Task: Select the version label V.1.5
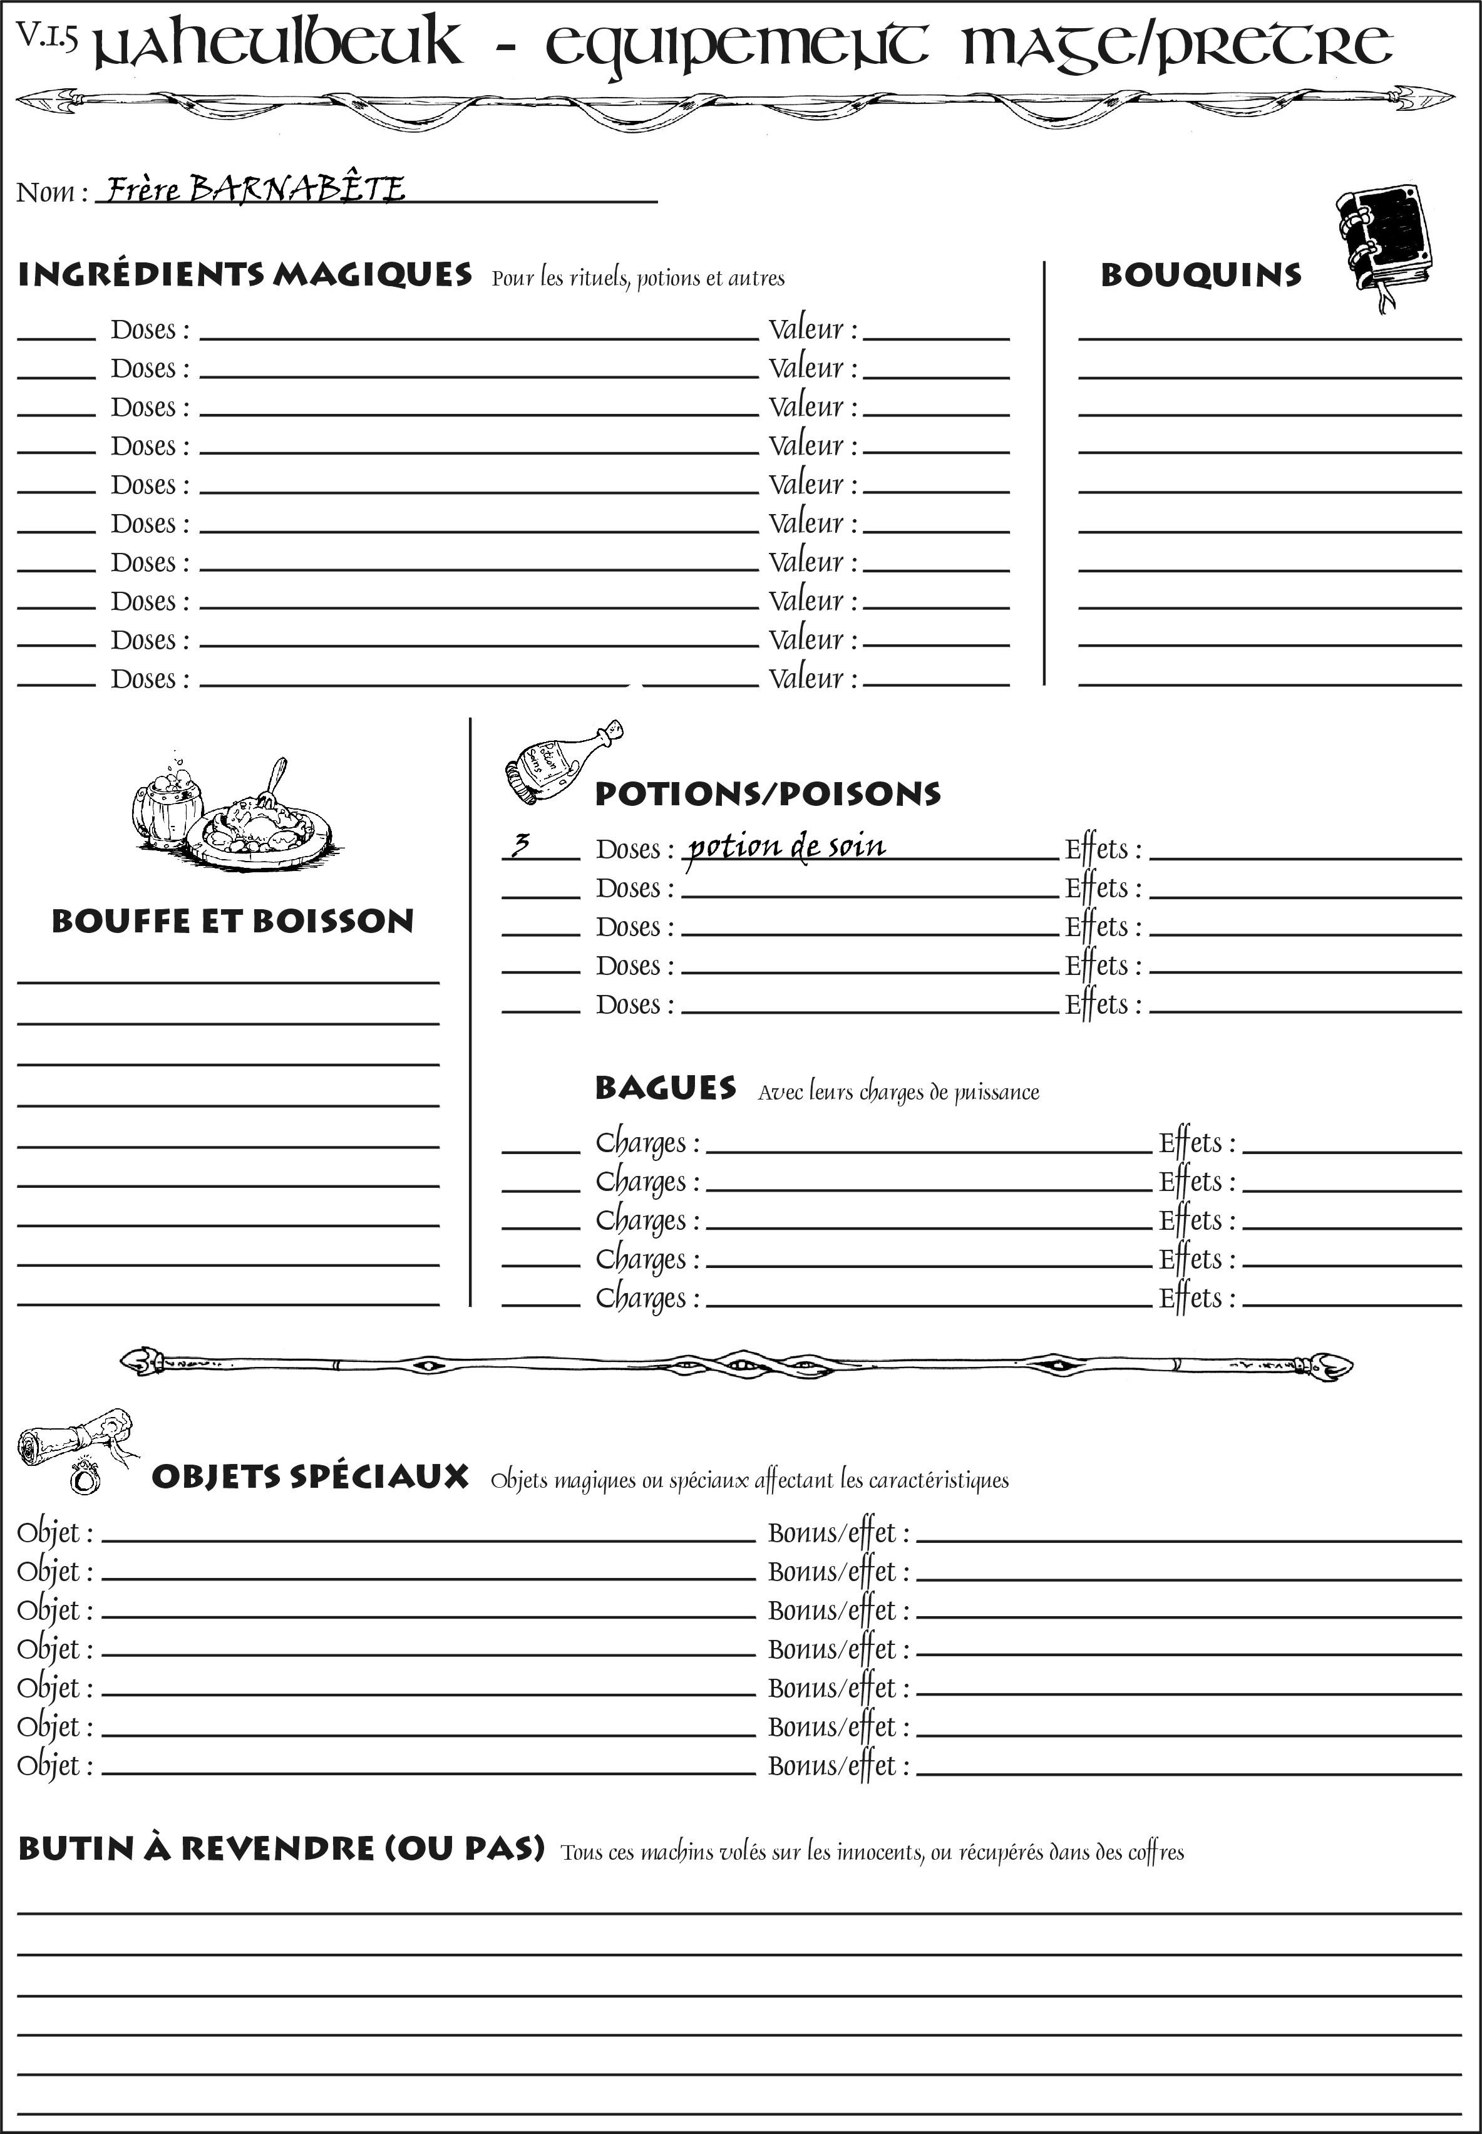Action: coord(46,36)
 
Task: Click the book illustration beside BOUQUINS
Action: coord(1384,242)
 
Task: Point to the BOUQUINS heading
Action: coord(1201,275)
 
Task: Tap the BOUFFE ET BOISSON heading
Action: coord(232,921)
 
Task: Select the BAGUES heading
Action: coord(665,1088)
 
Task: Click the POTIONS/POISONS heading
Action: coord(767,794)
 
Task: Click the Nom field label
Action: coord(51,192)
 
